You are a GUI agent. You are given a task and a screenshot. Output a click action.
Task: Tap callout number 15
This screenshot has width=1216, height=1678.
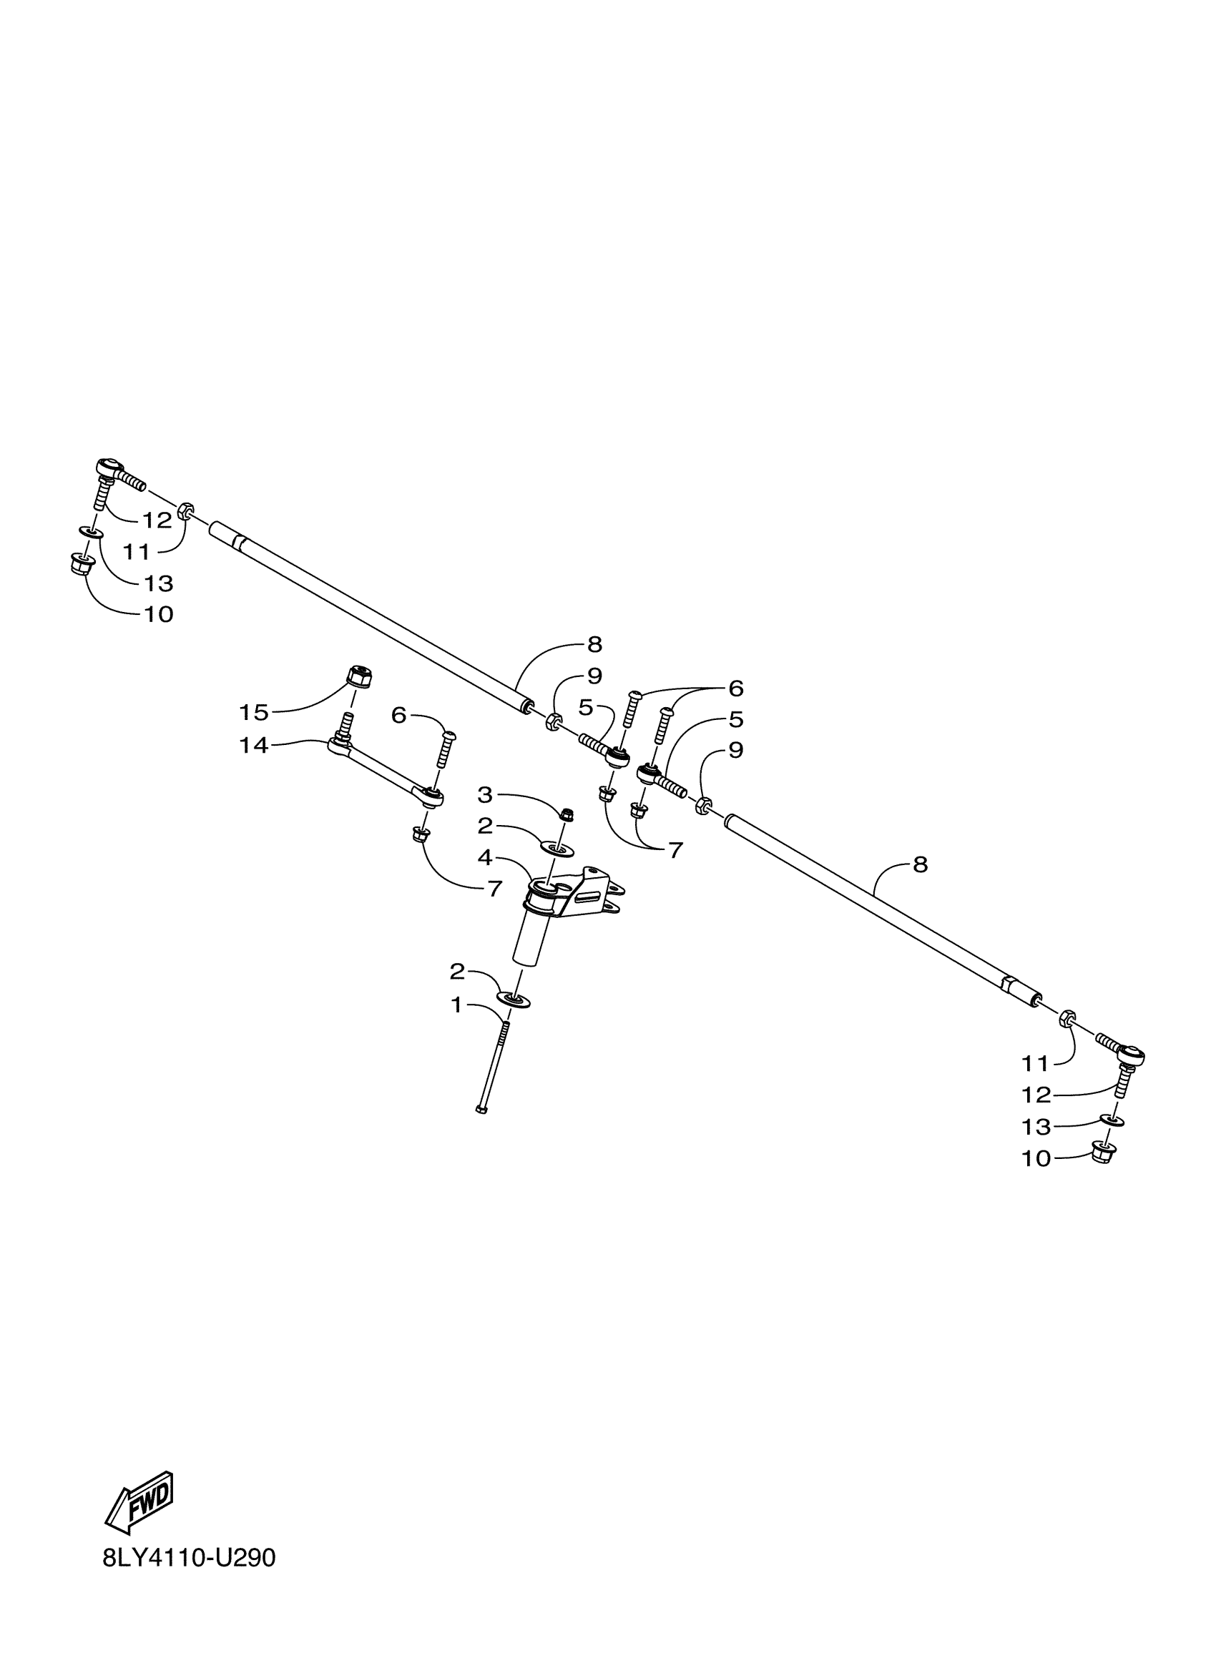tap(253, 713)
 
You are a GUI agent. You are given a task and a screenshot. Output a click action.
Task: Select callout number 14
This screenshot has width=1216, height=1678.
tap(253, 745)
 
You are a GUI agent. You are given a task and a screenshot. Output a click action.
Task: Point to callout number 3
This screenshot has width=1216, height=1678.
tap(485, 795)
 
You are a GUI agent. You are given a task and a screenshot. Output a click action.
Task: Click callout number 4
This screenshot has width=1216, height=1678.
tap(485, 858)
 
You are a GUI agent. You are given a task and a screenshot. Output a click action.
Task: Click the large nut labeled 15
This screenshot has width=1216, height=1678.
tap(359, 676)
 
